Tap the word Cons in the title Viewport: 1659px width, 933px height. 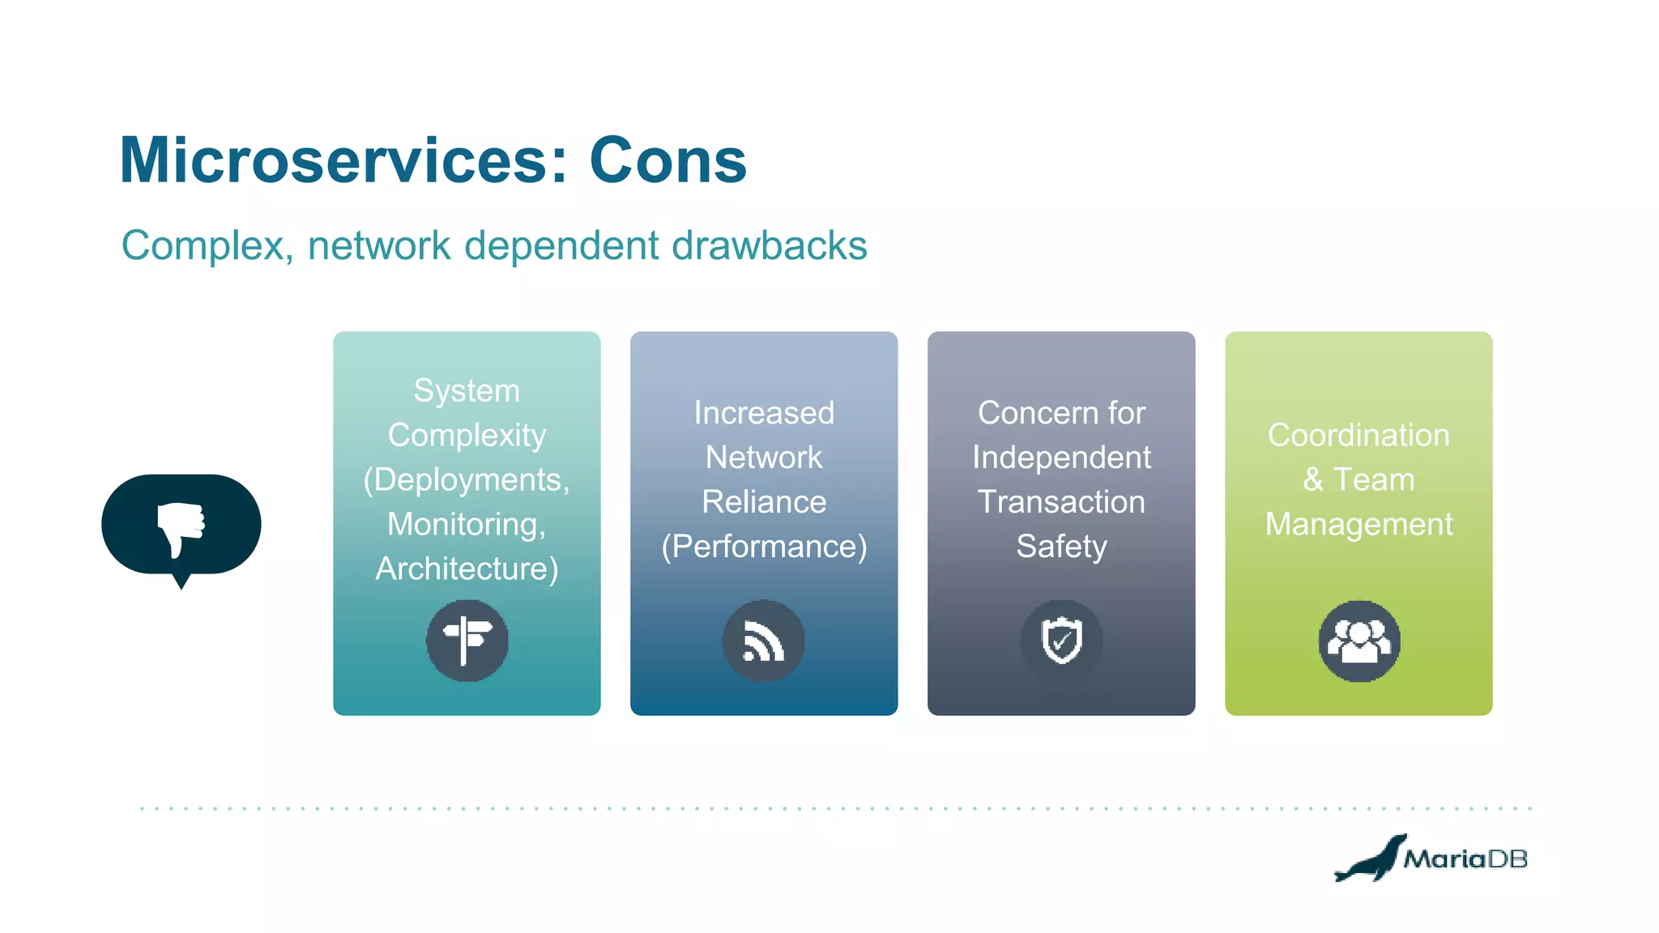coord(667,160)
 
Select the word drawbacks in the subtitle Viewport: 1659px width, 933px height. coord(769,245)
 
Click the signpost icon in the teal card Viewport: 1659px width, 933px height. coord(467,640)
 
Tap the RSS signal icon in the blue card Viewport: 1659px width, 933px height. coord(763,641)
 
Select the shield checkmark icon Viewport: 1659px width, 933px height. coord(1061,640)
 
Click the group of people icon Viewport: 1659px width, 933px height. coord(1358,641)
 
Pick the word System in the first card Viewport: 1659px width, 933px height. coord(467,390)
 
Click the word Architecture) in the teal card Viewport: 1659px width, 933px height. coord(467,569)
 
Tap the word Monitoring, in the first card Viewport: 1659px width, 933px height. coord(467,524)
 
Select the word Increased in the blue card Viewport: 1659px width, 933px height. coord(764,413)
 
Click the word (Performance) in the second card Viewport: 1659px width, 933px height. coord(764,547)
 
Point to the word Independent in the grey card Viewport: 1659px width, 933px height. coord(1061,458)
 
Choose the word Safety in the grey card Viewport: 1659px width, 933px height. coord(1061,547)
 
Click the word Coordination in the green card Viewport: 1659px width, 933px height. coord(1358,435)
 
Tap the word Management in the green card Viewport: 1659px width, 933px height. coord(1358,524)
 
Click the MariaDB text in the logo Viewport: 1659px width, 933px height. coord(1465,858)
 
